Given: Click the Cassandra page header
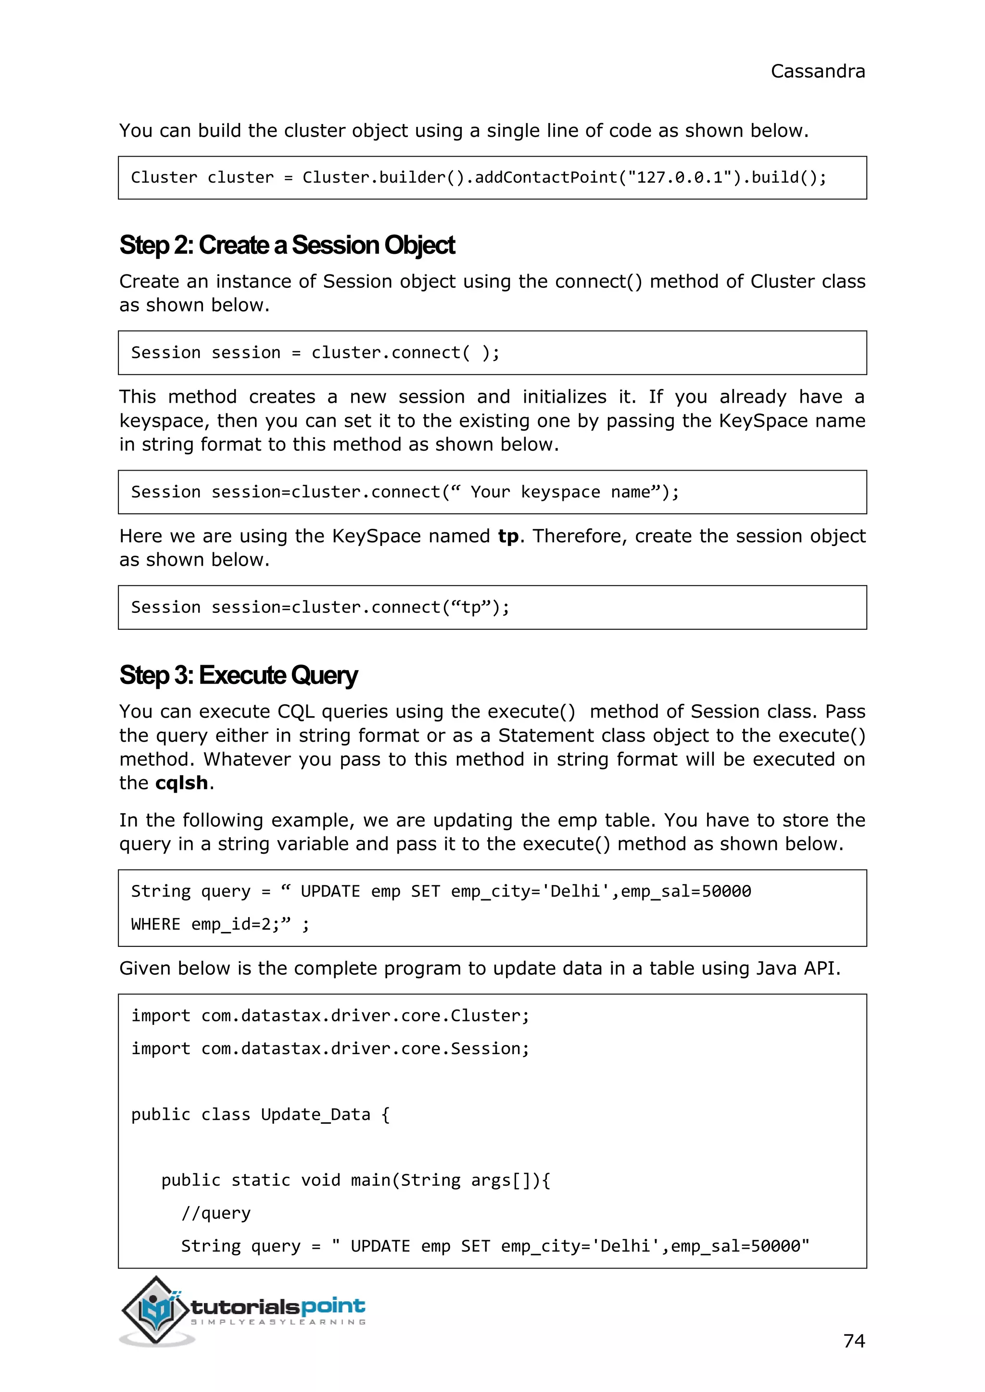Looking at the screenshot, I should [x=817, y=72].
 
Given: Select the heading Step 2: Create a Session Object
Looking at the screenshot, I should [x=287, y=246].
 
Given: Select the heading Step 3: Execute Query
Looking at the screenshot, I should [x=239, y=675].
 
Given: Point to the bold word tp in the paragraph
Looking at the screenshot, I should [x=508, y=536].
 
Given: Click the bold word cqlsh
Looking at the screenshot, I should [x=181, y=783].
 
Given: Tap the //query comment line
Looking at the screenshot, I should [x=216, y=1213].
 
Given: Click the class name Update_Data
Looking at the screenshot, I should [x=315, y=1114].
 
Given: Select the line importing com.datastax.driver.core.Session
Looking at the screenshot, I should [x=330, y=1049].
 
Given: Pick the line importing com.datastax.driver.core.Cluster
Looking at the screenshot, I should [x=330, y=1016].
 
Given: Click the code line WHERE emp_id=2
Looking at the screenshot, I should [x=220, y=925].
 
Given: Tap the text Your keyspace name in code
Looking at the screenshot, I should [x=560, y=492].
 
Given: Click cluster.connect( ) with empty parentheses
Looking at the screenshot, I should [x=405, y=353].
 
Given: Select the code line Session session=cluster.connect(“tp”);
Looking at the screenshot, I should [x=320, y=608].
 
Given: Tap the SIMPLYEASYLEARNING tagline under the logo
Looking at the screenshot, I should [x=278, y=1322].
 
